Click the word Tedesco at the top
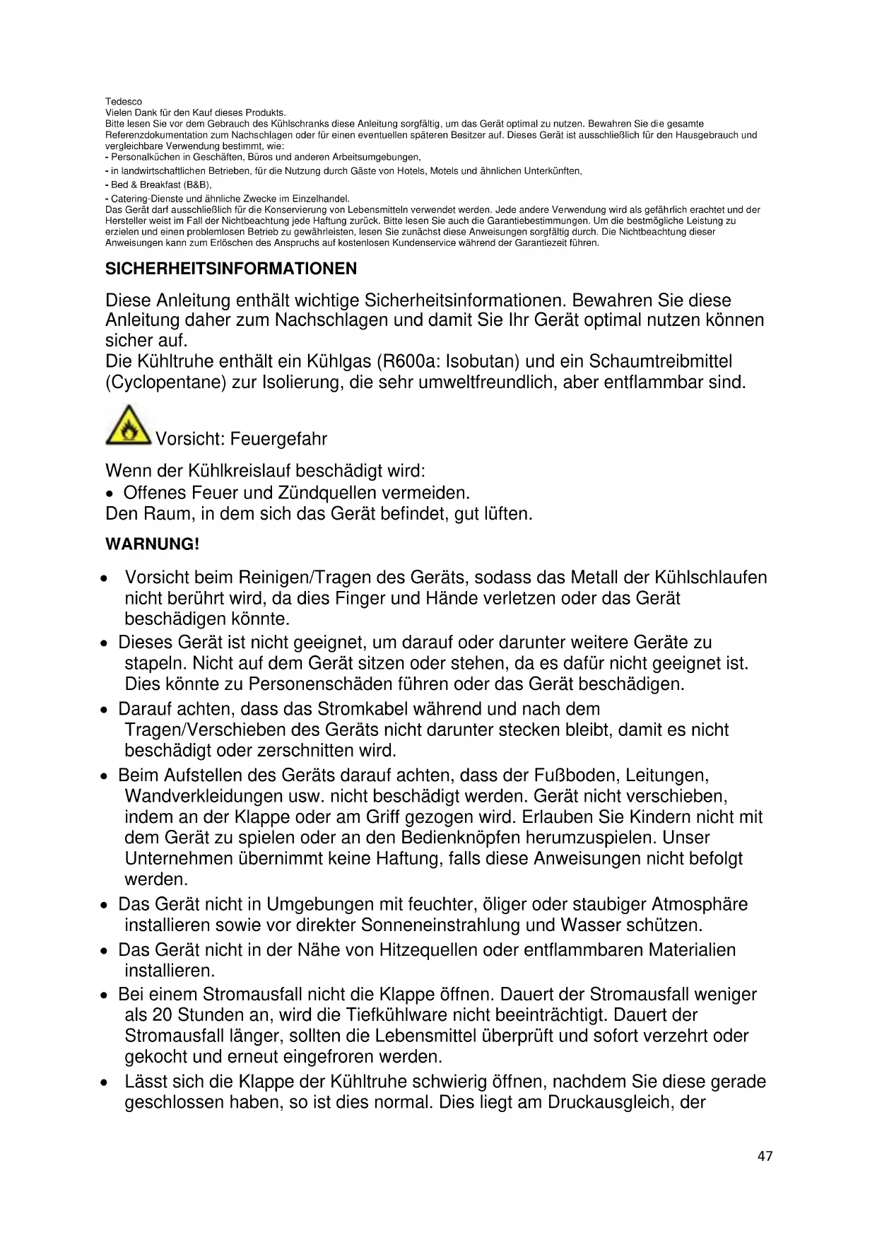pos(124,102)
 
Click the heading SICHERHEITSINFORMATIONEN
pos(231,269)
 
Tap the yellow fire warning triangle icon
pos(128,426)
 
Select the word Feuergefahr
pos(279,439)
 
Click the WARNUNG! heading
pos(152,544)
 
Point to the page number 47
pos(765,1156)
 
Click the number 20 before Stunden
pos(162,1015)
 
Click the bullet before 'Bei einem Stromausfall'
pos(104,996)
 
